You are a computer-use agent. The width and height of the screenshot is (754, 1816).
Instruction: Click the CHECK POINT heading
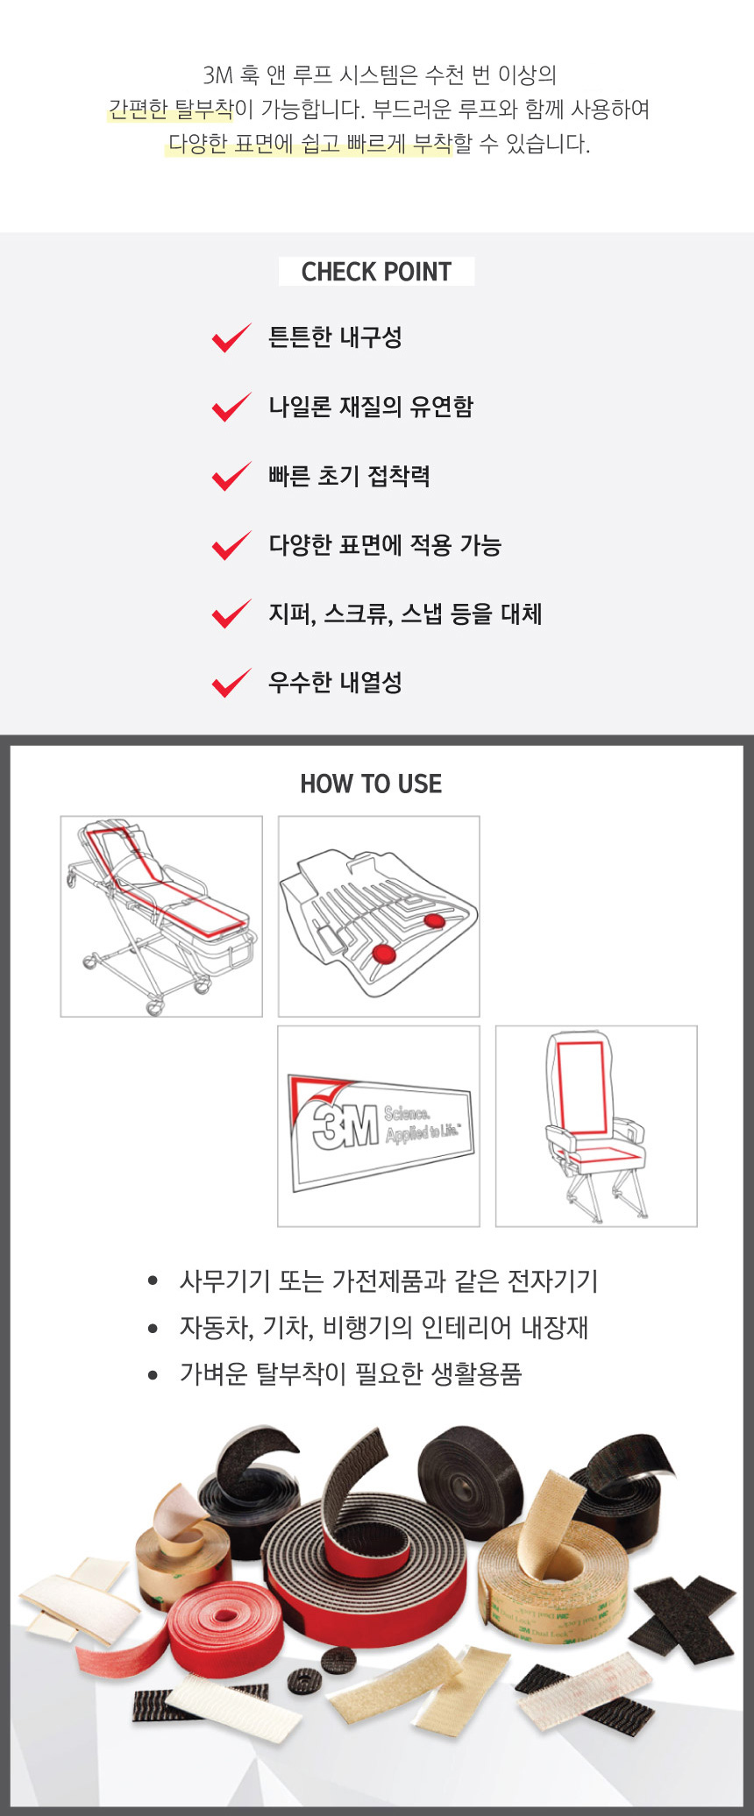[376, 272]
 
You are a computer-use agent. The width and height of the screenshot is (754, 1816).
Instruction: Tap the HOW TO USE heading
[371, 784]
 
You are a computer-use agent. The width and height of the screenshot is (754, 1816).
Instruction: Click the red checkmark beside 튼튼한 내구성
[231, 337]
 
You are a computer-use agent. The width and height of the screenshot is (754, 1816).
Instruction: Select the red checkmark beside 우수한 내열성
[231, 683]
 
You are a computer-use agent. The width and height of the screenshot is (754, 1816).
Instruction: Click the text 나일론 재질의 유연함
[370, 407]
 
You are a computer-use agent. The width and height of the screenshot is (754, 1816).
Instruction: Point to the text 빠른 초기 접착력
[349, 476]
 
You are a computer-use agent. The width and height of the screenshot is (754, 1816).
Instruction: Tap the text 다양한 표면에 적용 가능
[384, 545]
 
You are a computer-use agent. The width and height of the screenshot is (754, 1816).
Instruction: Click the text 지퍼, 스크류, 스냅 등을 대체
[404, 614]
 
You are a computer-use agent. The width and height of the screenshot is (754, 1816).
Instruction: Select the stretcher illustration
[161, 916]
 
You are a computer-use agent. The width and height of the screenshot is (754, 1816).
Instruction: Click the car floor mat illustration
[379, 916]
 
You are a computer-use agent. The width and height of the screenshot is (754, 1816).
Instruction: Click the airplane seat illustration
[596, 1126]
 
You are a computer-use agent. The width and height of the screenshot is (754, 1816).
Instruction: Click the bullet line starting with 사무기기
[388, 1280]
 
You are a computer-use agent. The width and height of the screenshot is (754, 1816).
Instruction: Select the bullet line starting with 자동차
[383, 1327]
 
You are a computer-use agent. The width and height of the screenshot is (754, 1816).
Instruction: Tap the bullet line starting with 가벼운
[350, 1373]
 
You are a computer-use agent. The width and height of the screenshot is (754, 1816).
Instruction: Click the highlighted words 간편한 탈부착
[171, 110]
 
